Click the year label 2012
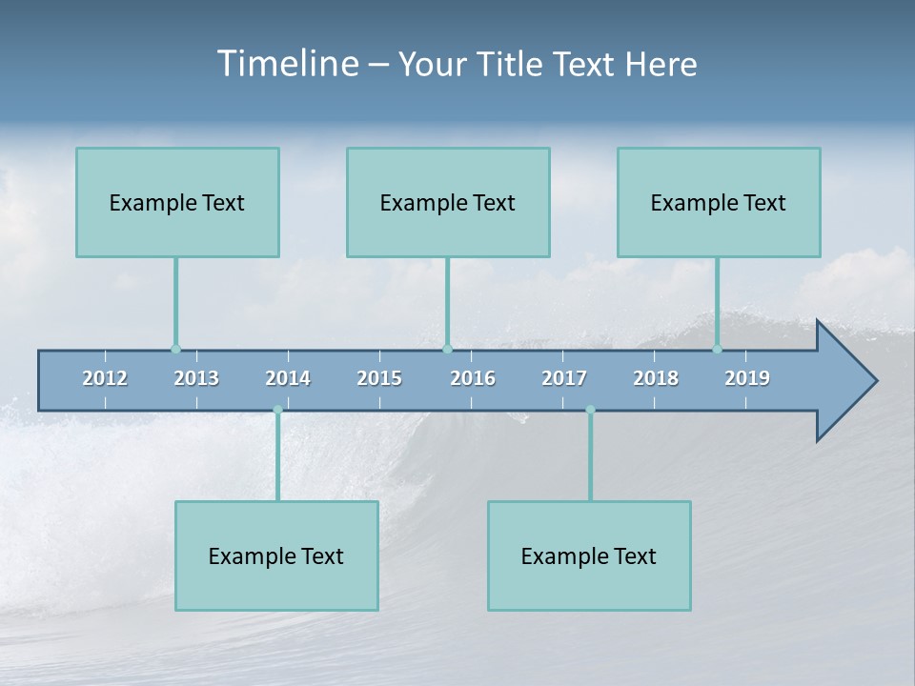coord(105,378)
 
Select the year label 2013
coord(196,378)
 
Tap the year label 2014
coord(288,378)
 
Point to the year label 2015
coord(379,378)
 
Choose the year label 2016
coord(473,378)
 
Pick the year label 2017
coord(564,378)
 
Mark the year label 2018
coord(656,378)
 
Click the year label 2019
coord(747,378)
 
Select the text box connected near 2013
coord(177,202)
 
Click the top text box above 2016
coord(448,202)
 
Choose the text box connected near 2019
coord(719,202)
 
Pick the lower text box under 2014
coord(276,555)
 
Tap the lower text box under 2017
coord(589,555)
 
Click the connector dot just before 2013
coord(175,349)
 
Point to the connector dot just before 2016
coord(447,349)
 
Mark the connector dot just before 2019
coord(718,349)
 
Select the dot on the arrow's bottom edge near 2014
coord(277,410)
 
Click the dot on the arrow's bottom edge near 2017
coord(590,410)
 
